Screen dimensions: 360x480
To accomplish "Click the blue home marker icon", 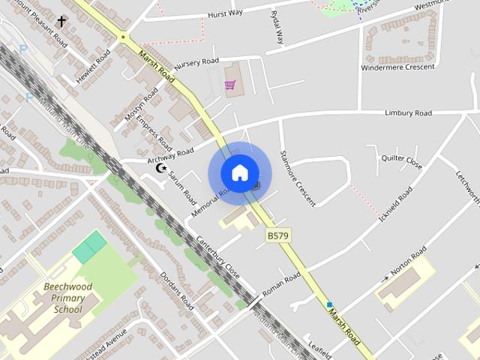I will click(239, 173).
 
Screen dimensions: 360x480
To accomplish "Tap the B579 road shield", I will click(277, 235).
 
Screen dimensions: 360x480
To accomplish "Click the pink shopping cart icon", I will click(229, 85).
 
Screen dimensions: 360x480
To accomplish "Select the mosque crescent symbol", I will click(160, 168).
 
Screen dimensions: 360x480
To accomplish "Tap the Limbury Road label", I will click(408, 113).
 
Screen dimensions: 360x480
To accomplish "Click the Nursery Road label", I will click(196, 61).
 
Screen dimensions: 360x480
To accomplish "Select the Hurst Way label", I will click(225, 13).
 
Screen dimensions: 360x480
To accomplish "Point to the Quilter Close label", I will click(402, 159).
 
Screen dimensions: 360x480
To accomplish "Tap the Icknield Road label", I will click(396, 204).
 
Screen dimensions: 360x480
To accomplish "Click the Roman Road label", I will click(281, 283).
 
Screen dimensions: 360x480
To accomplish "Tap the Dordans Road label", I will click(177, 290).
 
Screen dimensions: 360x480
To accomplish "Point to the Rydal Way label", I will click(278, 27).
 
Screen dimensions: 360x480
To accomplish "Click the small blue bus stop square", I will click(328, 304).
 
